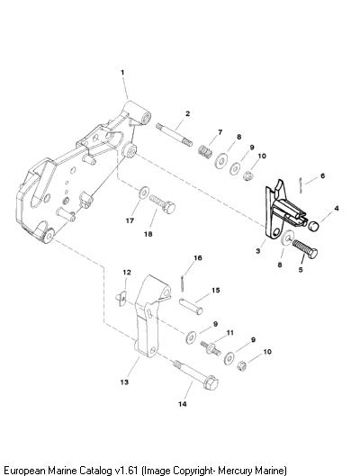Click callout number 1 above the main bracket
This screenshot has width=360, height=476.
(122, 73)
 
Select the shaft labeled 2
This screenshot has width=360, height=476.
(175, 134)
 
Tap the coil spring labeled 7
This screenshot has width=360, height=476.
(205, 150)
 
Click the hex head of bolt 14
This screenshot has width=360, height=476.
(211, 383)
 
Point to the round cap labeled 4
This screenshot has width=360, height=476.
(314, 226)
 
